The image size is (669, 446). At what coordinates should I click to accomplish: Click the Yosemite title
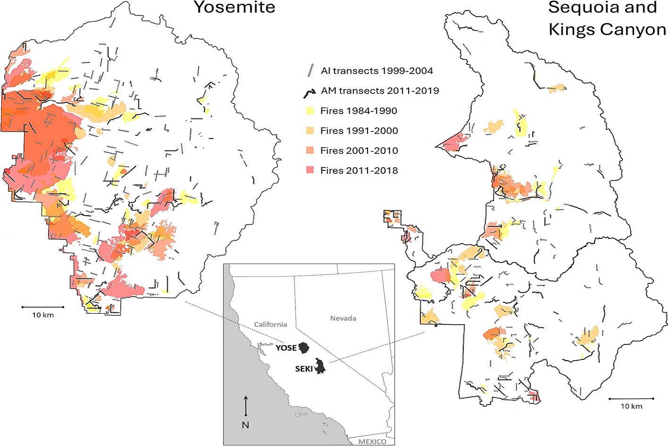(234, 7)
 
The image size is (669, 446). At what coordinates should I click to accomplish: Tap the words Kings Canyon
(607, 30)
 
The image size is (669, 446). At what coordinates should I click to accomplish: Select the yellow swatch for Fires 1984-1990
(310, 111)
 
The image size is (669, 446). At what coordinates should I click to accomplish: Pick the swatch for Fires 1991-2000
(310, 131)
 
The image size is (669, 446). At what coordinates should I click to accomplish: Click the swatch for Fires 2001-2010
(310, 151)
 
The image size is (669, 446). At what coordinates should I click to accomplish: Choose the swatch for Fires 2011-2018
(310, 171)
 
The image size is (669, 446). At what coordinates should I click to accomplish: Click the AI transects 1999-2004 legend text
(377, 71)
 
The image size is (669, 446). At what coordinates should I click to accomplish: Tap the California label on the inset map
(270, 324)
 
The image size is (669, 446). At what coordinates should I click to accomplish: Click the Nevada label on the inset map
(343, 318)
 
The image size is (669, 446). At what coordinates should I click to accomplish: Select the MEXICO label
(372, 442)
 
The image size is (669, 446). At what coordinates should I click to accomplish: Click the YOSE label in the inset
(286, 348)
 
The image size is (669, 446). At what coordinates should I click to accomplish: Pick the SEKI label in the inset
(304, 369)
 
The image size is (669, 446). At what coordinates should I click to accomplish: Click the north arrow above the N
(246, 405)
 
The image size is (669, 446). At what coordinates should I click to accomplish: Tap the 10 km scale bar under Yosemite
(43, 307)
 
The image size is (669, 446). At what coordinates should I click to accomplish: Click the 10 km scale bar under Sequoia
(631, 399)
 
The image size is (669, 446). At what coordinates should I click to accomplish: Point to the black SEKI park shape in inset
(321, 367)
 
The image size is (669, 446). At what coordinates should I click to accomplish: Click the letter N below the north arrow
(246, 425)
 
